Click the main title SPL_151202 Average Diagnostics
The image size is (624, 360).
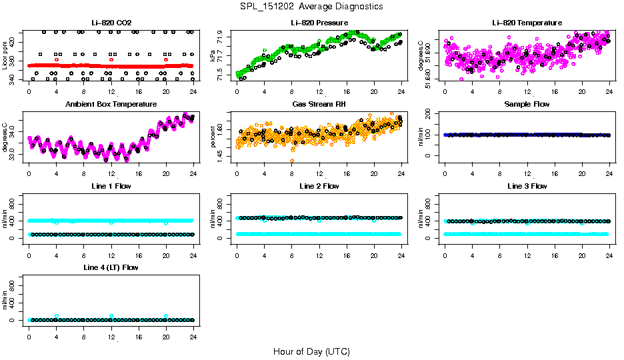pos(312,6)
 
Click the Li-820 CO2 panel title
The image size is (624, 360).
pos(111,23)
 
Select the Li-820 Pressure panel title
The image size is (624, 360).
pos(319,23)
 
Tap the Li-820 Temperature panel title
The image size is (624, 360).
pos(527,23)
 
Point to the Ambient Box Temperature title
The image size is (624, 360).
pos(111,105)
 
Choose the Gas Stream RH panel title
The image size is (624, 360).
pos(319,105)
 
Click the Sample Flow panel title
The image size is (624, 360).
pos(527,105)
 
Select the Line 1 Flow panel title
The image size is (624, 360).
pos(111,186)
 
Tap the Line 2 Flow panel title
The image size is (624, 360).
pos(319,186)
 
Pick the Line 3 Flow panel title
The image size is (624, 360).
pos(527,186)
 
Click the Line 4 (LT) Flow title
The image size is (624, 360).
pos(111,267)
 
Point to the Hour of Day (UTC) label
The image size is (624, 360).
pos(311,351)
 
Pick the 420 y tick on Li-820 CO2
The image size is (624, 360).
pos(15,41)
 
